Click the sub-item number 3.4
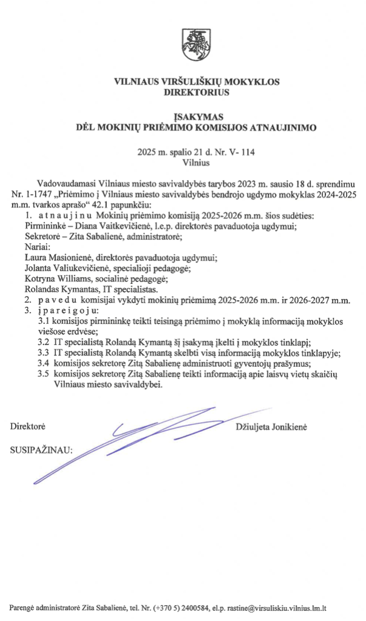click(x=43, y=363)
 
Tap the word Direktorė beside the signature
click(x=28, y=427)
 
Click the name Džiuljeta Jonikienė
click(x=271, y=427)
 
